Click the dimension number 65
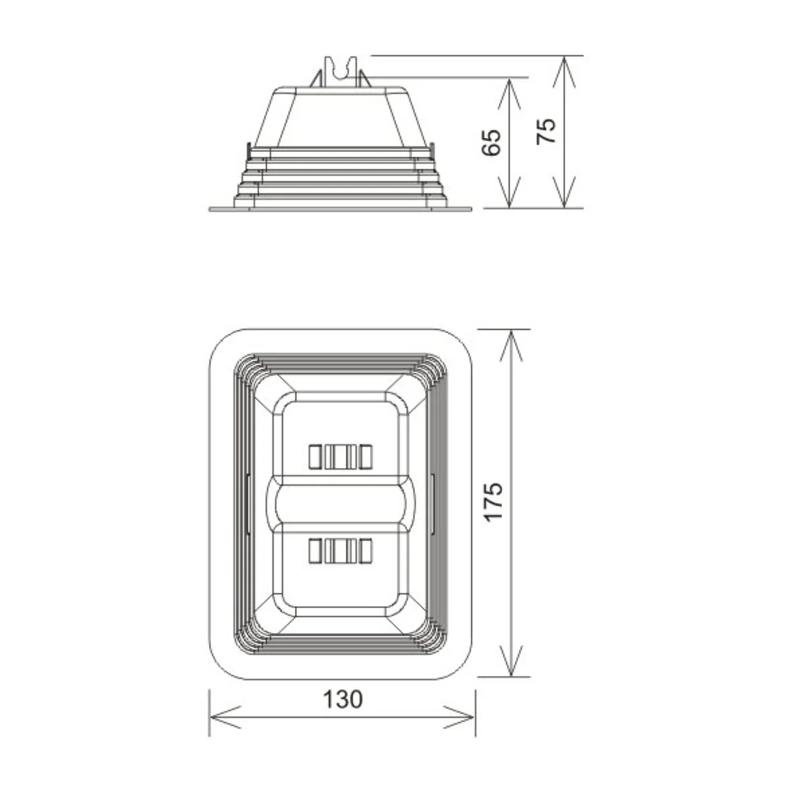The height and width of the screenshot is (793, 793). [x=492, y=143]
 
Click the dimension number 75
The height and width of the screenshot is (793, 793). [x=547, y=132]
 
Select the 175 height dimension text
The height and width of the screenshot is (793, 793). [x=494, y=502]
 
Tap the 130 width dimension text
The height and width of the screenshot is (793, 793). [x=343, y=699]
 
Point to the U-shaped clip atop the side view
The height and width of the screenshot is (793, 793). [x=340, y=71]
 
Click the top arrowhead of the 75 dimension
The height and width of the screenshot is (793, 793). [x=564, y=72]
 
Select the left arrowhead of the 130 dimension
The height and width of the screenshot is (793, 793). [x=225, y=717]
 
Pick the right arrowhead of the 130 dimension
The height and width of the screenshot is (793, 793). [x=459, y=717]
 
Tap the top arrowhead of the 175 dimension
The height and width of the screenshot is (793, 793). [x=510, y=346]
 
